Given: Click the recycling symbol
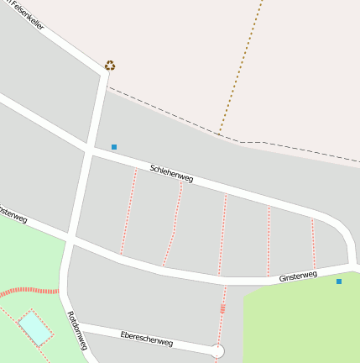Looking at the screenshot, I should click(110, 65).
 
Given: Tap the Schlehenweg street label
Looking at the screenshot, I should click(171, 173).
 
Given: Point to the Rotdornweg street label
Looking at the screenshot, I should click(77, 330).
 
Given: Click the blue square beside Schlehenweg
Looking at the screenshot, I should click(114, 147).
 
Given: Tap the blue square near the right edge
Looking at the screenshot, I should click(339, 281).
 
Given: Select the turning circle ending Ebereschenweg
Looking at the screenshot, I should click(217, 351).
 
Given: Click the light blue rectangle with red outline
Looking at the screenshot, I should click(35, 327).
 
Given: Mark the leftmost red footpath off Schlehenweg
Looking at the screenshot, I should click(128, 210).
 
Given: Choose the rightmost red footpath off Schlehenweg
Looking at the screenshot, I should click(314, 244).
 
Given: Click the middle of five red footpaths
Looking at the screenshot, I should click(222, 235).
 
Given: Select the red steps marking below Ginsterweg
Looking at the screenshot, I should click(222, 308).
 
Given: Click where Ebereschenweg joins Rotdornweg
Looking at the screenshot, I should click(77, 324).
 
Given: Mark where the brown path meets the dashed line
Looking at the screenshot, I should click(219, 133).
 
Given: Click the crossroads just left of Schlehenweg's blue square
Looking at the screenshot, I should click(88, 151).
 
